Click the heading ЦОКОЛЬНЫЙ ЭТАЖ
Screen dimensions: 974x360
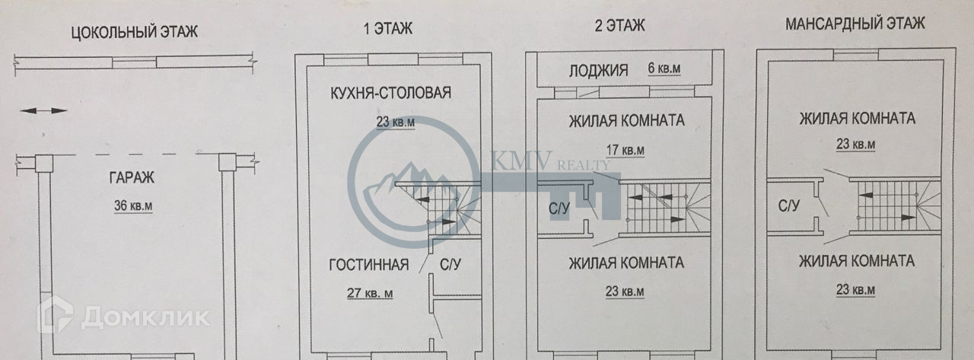134,32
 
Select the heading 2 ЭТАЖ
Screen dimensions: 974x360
619,26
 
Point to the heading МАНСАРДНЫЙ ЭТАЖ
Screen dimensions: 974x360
855,24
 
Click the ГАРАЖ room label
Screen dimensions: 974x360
131,179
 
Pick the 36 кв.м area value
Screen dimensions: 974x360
133,206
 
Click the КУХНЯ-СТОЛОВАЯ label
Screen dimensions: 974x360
391,94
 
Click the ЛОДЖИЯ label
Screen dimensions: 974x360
599,71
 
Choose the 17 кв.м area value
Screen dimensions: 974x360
624,150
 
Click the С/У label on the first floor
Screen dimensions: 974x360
450,265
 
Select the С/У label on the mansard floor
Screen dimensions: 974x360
789,205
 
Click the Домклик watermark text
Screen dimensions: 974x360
145,317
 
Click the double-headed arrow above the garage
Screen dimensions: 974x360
43,111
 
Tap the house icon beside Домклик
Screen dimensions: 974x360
56,314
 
